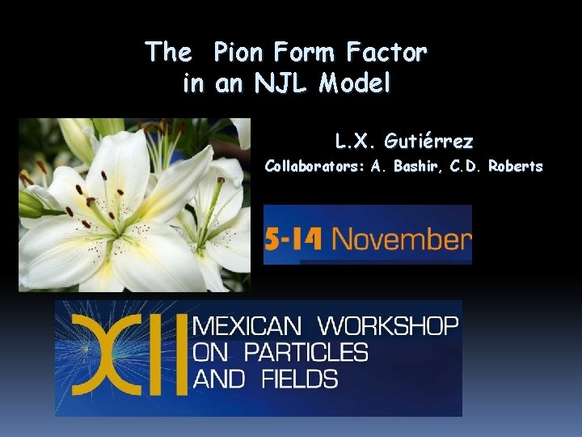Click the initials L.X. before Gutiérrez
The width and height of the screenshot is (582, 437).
click(x=356, y=142)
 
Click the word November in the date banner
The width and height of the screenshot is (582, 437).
click(x=400, y=239)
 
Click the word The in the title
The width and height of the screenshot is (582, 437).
click(x=168, y=53)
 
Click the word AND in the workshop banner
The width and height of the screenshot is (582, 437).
click(x=216, y=378)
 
